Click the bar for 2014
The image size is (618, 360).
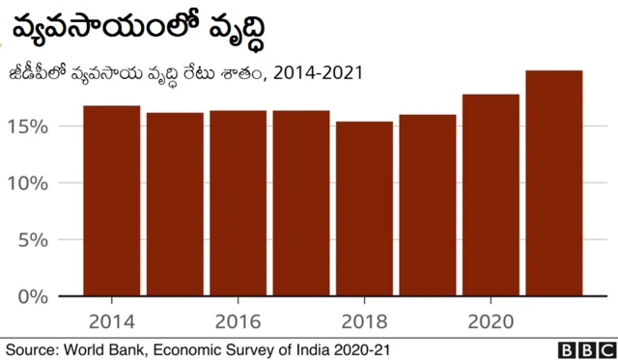click(112, 201)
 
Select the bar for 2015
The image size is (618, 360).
click(175, 205)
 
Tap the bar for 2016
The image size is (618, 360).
click(238, 204)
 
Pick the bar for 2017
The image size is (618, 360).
click(301, 204)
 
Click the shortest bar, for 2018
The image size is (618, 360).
click(364, 208)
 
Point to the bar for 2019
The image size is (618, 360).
click(428, 206)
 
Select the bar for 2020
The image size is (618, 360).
click(491, 195)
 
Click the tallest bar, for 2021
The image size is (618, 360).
click(554, 183)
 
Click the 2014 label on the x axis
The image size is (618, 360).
click(112, 320)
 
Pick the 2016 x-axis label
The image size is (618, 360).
click(238, 320)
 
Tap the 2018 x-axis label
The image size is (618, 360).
click(364, 320)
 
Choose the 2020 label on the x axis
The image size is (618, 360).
click(491, 320)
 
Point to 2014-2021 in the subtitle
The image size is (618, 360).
click(313, 73)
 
